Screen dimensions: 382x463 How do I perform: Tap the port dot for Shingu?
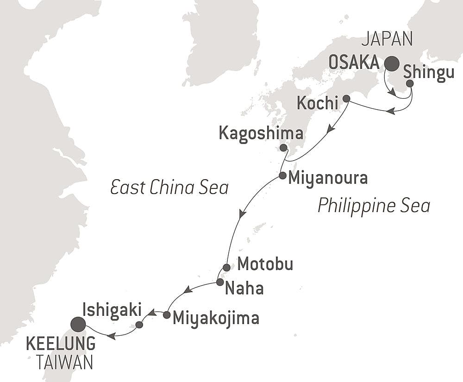(410, 83)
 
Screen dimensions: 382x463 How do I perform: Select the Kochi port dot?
(346, 98)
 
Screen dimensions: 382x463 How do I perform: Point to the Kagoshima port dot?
(283, 148)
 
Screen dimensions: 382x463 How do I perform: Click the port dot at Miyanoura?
(282, 175)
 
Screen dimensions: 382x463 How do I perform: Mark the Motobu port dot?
(226, 267)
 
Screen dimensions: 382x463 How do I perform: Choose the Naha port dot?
(220, 282)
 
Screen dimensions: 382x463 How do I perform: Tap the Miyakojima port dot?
(167, 315)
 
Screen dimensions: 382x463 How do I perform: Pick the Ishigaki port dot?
(139, 325)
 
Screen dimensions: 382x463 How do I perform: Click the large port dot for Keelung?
(78, 325)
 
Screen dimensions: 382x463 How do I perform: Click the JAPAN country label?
(387, 40)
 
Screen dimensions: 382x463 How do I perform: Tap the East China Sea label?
(169, 188)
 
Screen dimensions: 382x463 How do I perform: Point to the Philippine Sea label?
(374, 205)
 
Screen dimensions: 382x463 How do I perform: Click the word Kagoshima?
(261, 134)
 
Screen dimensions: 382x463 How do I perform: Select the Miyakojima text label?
(215, 318)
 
